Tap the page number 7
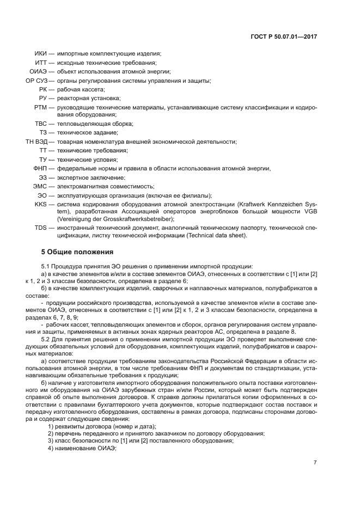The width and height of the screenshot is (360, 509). coord(315,463)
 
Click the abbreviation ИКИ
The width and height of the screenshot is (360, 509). coord(40,54)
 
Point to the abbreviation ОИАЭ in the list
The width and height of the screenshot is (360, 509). coord(38,71)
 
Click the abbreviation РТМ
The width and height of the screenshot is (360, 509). coord(40,107)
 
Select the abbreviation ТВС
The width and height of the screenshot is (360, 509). coord(41,124)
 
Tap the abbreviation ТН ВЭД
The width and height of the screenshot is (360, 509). coord(36,142)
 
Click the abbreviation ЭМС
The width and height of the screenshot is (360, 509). coord(40,186)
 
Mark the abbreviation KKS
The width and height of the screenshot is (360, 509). coord(41,204)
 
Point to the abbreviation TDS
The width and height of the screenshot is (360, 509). coord(41,228)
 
